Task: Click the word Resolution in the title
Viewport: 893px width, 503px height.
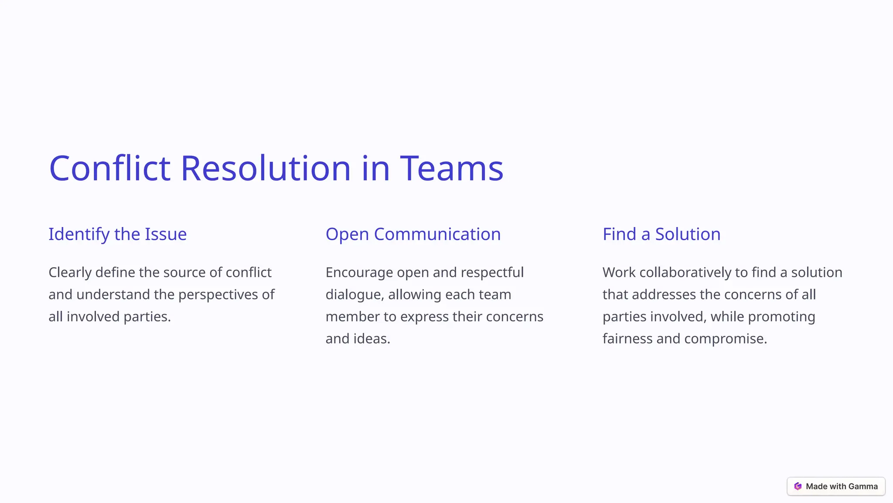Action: pos(265,169)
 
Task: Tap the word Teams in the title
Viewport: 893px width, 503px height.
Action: pos(452,169)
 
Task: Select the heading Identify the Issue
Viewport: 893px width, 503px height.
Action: pos(117,234)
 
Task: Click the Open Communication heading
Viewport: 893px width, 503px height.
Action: pos(413,234)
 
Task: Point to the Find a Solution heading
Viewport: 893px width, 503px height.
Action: pos(661,234)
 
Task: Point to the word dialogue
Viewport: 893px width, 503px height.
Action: pos(354,295)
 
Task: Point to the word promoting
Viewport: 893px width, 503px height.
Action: pos(781,317)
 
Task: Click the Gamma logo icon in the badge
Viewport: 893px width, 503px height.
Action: pos(798,486)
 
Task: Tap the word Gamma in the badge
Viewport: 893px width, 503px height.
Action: pos(863,486)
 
